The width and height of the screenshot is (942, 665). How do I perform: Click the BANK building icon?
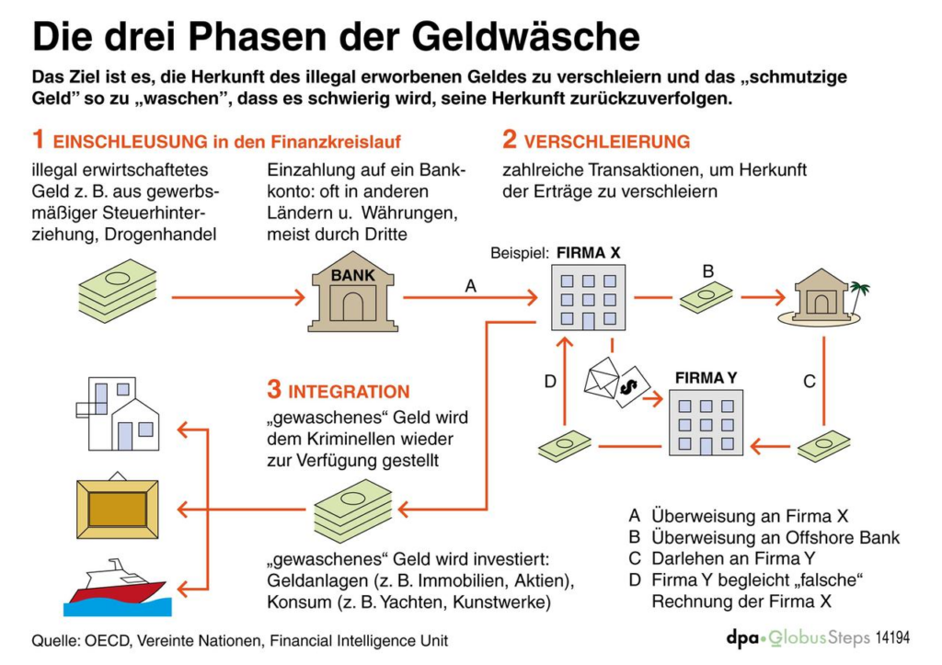tap(353, 292)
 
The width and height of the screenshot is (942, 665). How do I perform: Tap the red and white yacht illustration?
tap(114, 587)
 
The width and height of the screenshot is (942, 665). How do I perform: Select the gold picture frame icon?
tap(117, 509)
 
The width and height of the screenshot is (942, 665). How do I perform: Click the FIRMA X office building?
tap(587, 296)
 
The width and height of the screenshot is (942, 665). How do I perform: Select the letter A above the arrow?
tap(471, 286)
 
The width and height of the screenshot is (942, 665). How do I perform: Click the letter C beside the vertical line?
tap(810, 381)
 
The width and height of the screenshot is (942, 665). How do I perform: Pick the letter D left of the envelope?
tap(550, 381)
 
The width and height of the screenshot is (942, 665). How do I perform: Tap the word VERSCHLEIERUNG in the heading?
tap(606, 142)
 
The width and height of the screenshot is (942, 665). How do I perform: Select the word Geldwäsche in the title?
tap(515, 37)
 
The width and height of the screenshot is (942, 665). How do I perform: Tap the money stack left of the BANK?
tap(117, 291)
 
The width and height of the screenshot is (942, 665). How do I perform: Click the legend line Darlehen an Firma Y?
tap(733, 558)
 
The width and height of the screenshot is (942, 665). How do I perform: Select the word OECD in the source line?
tap(106, 640)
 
